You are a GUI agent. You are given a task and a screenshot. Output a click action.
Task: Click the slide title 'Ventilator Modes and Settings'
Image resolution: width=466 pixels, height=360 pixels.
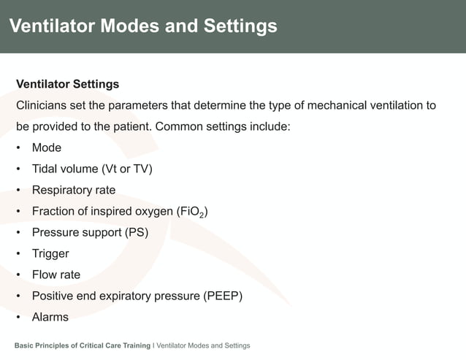143,27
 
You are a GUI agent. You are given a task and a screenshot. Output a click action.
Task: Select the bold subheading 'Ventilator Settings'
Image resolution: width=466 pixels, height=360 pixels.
67,84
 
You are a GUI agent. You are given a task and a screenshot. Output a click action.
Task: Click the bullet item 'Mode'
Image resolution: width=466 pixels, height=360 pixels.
47,148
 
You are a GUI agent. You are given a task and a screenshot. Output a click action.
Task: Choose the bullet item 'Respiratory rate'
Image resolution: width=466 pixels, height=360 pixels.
73,190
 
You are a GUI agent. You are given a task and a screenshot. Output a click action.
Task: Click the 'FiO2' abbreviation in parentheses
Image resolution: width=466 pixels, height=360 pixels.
193,212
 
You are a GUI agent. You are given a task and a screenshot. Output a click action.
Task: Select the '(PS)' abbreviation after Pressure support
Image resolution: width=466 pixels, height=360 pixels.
136,232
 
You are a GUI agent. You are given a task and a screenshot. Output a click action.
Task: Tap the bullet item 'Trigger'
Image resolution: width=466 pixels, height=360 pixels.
50,253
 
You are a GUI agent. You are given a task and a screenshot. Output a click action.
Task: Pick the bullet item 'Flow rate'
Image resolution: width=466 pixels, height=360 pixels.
56,275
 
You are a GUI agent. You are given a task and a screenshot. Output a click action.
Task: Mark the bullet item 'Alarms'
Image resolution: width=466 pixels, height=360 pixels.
50,317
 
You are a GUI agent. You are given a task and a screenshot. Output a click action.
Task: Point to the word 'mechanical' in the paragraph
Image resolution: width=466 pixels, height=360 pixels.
336,105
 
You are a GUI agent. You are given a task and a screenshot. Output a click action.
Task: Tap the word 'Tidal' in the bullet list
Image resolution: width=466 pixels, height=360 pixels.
46,169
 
